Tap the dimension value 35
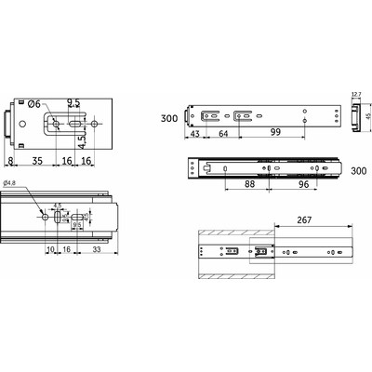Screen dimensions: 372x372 coord(36,160)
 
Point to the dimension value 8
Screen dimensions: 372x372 coord(10,160)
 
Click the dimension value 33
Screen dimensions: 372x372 coord(98,250)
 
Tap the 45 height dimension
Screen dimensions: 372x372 coord(365,115)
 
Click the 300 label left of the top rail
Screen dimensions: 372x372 coord(167,119)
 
